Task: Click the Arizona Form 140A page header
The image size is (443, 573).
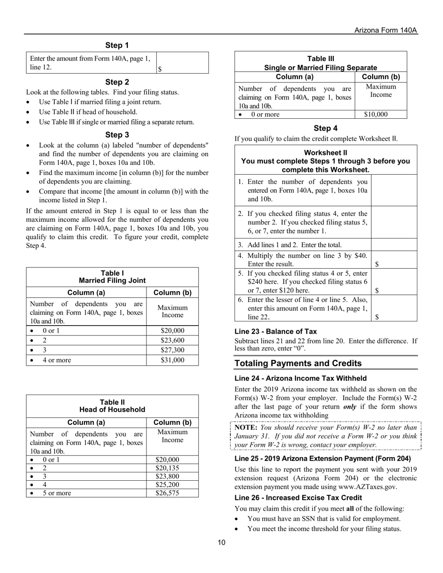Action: pyautogui.click(x=385, y=30)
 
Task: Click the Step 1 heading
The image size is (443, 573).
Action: pyautogui.click(x=117, y=45)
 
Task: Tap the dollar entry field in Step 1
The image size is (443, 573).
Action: pyautogui.click(x=182, y=63)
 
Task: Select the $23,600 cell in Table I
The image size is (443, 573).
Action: pyautogui.click(x=172, y=340)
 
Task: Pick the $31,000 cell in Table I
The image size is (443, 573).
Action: pyautogui.click(x=172, y=360)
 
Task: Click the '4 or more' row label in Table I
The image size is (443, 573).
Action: pyautogui.click(x=57, y=360)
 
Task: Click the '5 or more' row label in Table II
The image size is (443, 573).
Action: pyautogui.click(x=57, y=493)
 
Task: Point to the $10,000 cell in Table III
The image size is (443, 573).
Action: pyautogui.click(x=381, y=114)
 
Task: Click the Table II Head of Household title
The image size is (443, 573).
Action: pyautogui.click(x=112, y=406)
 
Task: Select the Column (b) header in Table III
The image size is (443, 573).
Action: pyautogui.click(x=381, y=77)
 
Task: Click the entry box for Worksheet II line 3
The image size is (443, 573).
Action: pyautogui.click(x=394, y=245)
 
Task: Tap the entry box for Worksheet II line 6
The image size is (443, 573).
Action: pyautogui.click(x=394, y=308)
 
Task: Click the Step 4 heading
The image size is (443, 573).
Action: pyautogui.click(x=325, y=128)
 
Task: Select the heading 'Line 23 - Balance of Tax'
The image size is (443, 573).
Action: pyautogui.click(x=276, y=332)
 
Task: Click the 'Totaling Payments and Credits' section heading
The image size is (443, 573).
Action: pyautogui.click(x=298, y=363)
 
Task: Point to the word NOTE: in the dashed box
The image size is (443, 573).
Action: pyautogui.click(x=246, y=427)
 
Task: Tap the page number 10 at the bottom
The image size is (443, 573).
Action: pyautogui.click(x=221, y=542)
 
